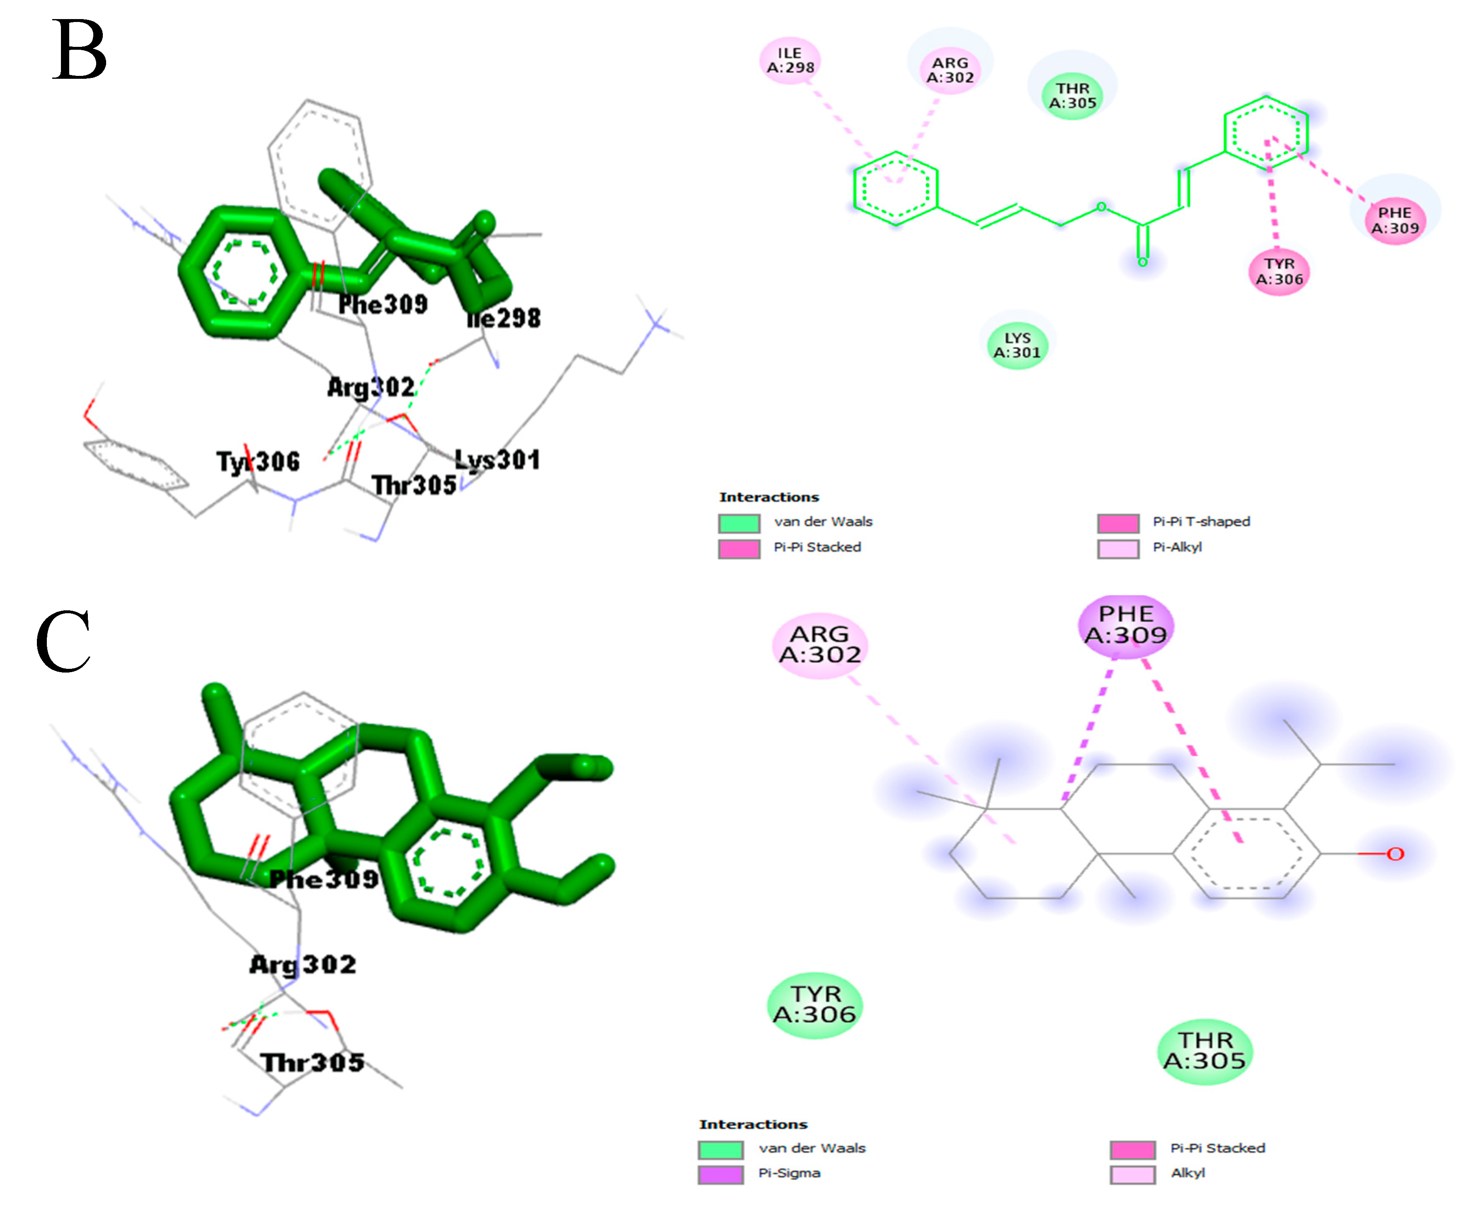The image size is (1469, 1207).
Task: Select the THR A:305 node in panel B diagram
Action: coord(1072,96)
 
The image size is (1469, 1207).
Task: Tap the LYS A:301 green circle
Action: coord(1017,345)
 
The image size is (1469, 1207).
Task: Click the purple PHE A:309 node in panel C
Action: coord(1126,625)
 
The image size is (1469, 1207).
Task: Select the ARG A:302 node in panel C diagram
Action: coord(820,644)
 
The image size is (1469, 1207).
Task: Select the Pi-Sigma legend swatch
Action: coord(720,1174)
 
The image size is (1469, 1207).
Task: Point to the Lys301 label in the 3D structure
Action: coord(497,459)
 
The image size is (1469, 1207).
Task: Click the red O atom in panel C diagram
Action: coord(1395,854)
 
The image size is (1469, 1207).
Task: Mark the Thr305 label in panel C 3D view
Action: coord(312,1062)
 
